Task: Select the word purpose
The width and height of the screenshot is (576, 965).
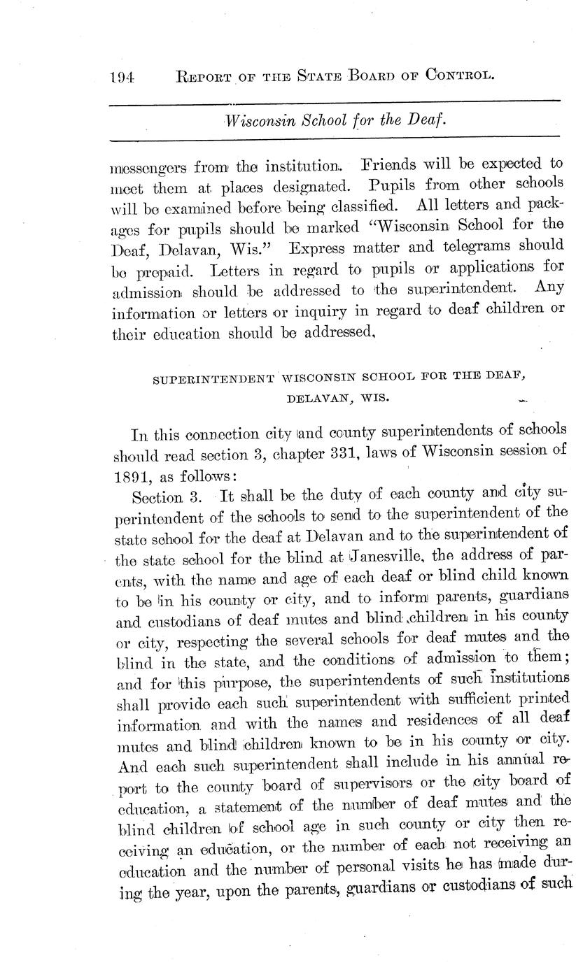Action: [212, 680]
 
